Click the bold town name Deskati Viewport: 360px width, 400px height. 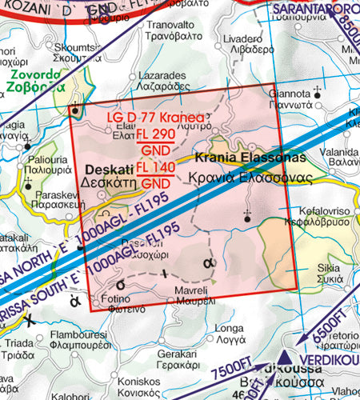pyautogui.click(x=107, y=170)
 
